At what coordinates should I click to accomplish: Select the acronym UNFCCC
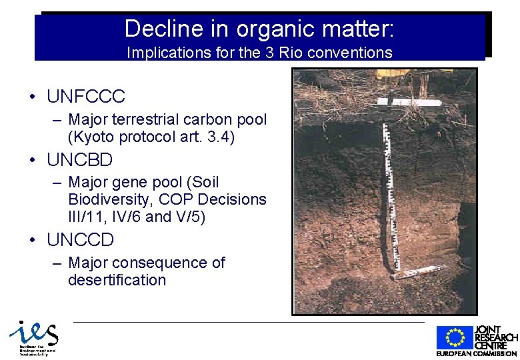(85, 97)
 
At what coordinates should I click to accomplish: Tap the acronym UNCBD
(80, 160)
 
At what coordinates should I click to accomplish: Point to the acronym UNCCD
(81, 240)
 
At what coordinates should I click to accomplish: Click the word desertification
(117, 280)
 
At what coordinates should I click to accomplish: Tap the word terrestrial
(144, 120)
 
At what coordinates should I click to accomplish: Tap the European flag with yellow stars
(455, 338)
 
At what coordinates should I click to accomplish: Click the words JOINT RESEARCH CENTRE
(495, 337)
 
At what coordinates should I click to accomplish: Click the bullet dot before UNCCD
(31, 240)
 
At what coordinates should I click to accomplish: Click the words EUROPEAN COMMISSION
(477, 353)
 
